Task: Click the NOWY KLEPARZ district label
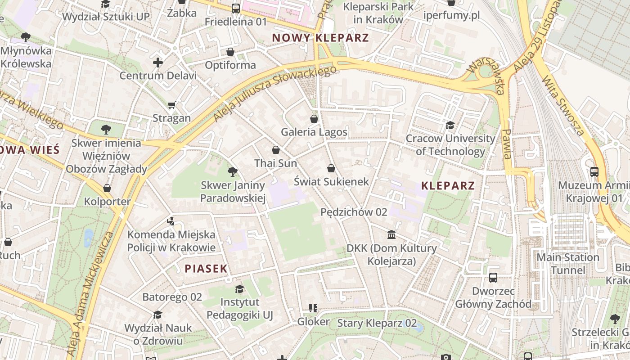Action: click(320, 38)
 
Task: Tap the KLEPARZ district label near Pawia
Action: click(448, 185)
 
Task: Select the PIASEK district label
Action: click(206, 269)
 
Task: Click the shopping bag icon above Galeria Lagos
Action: click(314, 119)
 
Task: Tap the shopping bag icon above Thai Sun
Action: click(276, 150)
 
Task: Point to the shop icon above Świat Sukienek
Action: click(331, 168)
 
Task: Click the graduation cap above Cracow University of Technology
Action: click(450, 125)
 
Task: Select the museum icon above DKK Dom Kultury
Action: click(391, 235)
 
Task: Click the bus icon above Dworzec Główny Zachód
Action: click(493, 278)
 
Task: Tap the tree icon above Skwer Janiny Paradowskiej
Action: click(233, 171)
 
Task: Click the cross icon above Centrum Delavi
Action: click(157, 62)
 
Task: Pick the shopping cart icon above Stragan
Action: click(171, 105)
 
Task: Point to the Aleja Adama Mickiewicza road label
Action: click(90, 295)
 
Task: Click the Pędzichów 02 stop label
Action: click(354, 212)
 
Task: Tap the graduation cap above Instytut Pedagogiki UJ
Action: click(240, 289)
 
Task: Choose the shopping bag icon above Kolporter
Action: click(107, 188)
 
